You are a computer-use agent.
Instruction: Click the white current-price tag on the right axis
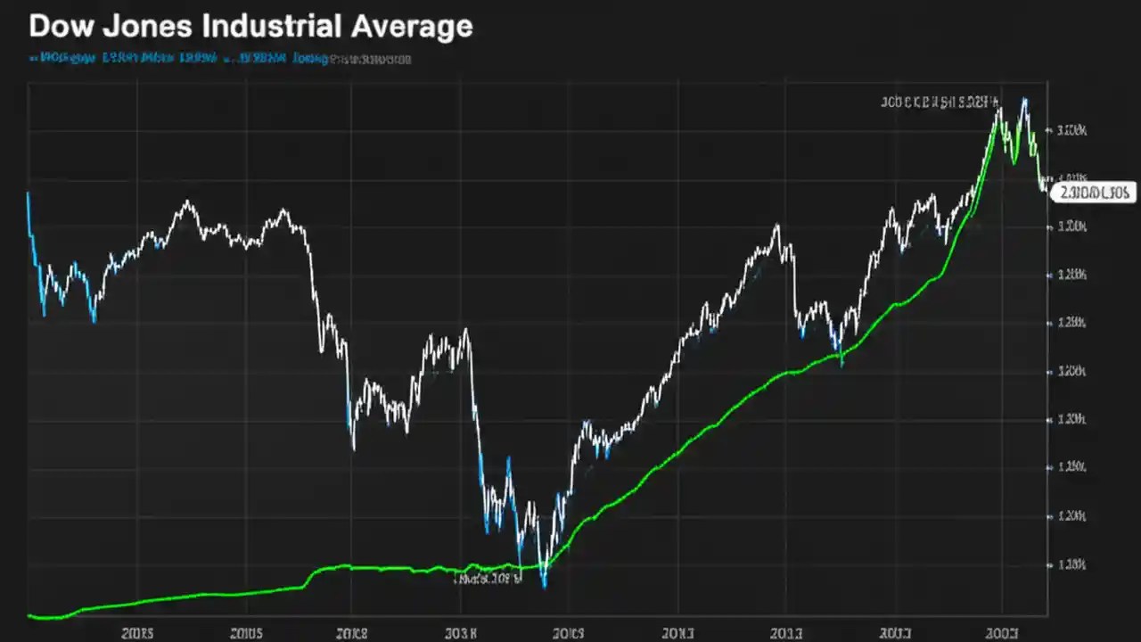click(1093, 192)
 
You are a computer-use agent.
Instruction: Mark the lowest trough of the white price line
click(544, 585)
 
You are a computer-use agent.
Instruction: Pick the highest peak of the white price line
click(1024, 99)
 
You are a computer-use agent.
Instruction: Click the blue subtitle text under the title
click(178, 60)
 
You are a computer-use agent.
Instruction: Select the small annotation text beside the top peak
click(940, 102)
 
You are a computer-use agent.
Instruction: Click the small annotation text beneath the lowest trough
click(487, 578)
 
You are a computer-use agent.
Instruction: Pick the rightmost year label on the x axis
click(1002, 633)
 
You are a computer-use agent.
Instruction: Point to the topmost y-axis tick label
click(1071, 130)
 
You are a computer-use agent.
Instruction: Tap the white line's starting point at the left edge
click(28, 193)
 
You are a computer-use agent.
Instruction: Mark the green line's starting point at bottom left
click(30, 615)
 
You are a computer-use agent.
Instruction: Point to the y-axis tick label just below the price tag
click(1071, 226)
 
